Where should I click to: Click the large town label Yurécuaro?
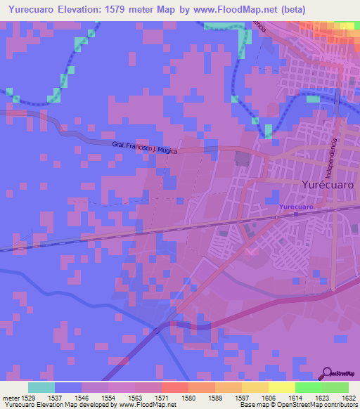click(x=327, y=185)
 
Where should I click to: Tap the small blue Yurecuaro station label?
click(x=295, y=207)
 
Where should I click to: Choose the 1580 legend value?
click(x=188, y=397)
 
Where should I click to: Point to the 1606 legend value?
click(x=269, y=397)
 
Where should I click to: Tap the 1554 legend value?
click(x=107, y=397)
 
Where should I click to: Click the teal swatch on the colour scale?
click(x=41, y=387)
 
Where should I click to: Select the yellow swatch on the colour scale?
click(x=282, y=387)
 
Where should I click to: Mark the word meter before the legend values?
click(x=11, y=397)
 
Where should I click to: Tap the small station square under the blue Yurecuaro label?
click(x=277, y=217)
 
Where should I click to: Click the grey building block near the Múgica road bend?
click(x=243, y=158)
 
